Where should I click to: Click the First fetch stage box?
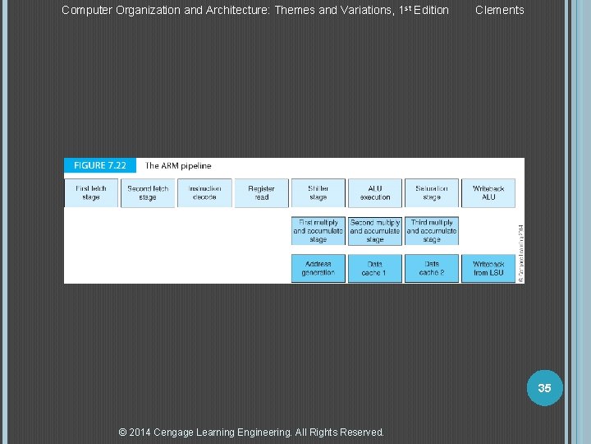pos(91,193)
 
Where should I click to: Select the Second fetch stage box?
pos(148,193)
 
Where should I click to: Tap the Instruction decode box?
pos(204,193)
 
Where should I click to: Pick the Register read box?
pos(261,193)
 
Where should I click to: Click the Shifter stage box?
pos(318,193)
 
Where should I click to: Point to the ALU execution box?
pos(375,193)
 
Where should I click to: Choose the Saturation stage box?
pos(432,193)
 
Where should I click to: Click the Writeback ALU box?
pos(488,193)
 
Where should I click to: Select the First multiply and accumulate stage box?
pos(318,231)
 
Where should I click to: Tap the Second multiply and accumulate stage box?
pos(375,231)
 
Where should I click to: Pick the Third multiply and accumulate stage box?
pos(432,231)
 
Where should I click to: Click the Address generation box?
pos(318,268)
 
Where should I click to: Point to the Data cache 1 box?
pos(375,268)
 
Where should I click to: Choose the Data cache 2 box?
pos(432,268)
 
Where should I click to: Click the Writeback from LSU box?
pos(488,268)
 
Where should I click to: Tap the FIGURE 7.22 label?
pos(100,165)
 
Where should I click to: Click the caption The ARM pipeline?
pos(178,166)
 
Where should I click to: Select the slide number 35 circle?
pos(544,387)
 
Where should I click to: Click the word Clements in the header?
pos(499,10)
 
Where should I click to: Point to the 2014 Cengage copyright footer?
pos(251,432)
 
